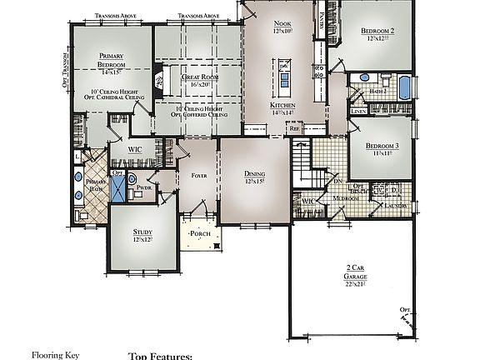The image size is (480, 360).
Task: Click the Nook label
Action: click(282, 23)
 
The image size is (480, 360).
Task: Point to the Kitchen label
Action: click(282, 105)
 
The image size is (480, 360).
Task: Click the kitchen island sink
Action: click(285, 79)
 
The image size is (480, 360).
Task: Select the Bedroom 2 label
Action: click(377, 32)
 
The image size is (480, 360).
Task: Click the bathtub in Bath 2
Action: click(405, 87)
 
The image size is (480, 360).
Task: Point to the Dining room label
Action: click(255, 176)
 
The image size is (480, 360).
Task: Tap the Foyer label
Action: click(197, 176)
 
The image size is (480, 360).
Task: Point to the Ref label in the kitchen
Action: click(293, 129)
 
